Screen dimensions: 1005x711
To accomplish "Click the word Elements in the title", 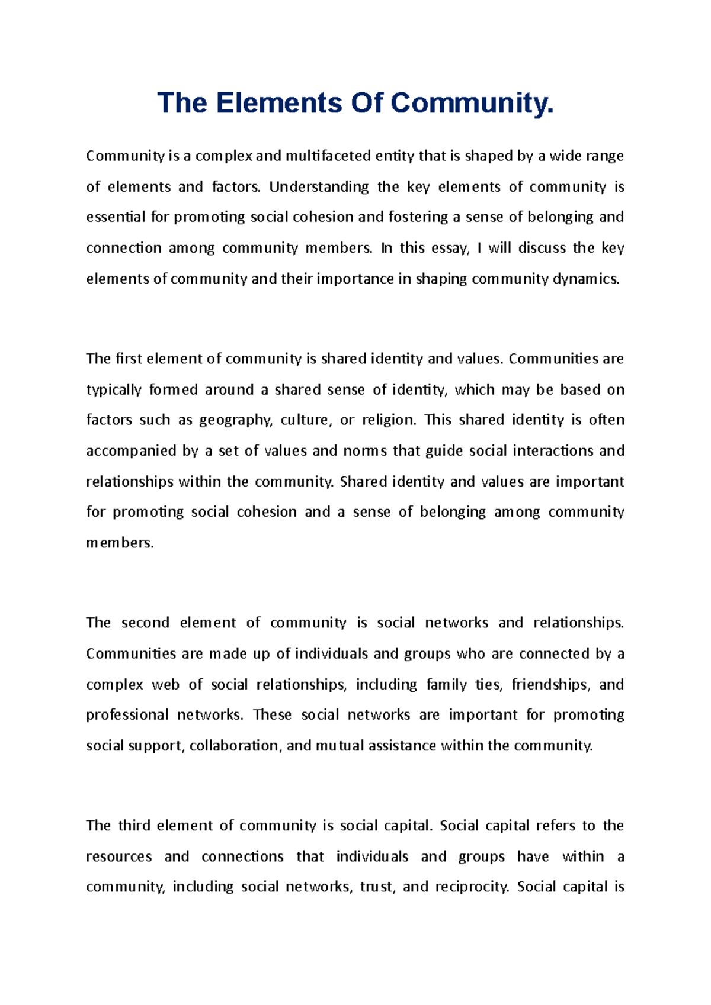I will coord(278,103).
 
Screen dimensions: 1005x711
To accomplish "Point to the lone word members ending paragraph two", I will coord(119,543).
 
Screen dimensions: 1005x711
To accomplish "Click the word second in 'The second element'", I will coord(145,623).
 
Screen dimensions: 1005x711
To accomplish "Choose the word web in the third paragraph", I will coord(165,685).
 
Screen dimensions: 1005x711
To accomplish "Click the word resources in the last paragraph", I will coord(118,856).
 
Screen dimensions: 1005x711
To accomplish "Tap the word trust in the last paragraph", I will coord(377,887).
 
